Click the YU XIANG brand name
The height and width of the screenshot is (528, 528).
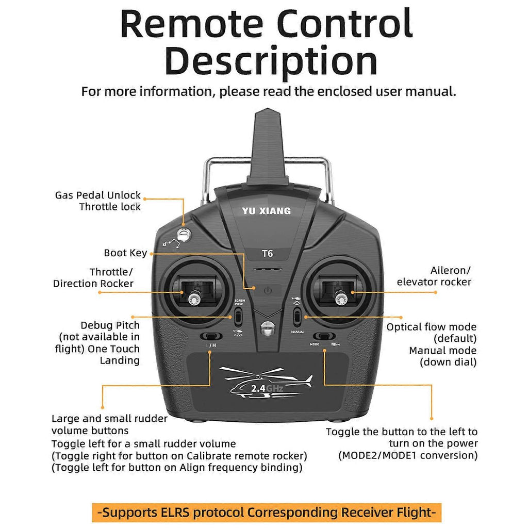coord(266,211)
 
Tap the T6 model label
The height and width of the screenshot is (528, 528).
coord(267,253)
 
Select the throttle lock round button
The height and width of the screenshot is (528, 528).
coord(183,235)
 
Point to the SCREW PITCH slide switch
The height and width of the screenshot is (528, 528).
coord(239,315)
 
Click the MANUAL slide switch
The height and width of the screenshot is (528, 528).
coord(297,315)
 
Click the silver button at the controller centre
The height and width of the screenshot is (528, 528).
coord(267,328)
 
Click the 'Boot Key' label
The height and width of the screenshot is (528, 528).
coord(125,253)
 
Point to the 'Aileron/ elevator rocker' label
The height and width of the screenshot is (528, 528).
coord(434,276)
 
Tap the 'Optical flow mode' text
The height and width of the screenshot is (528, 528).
coord(432,327)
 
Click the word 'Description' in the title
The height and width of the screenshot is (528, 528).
coord(271,61)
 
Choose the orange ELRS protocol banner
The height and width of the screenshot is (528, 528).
coord(267,513)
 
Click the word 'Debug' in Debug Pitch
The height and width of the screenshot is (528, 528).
coord(96,325)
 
